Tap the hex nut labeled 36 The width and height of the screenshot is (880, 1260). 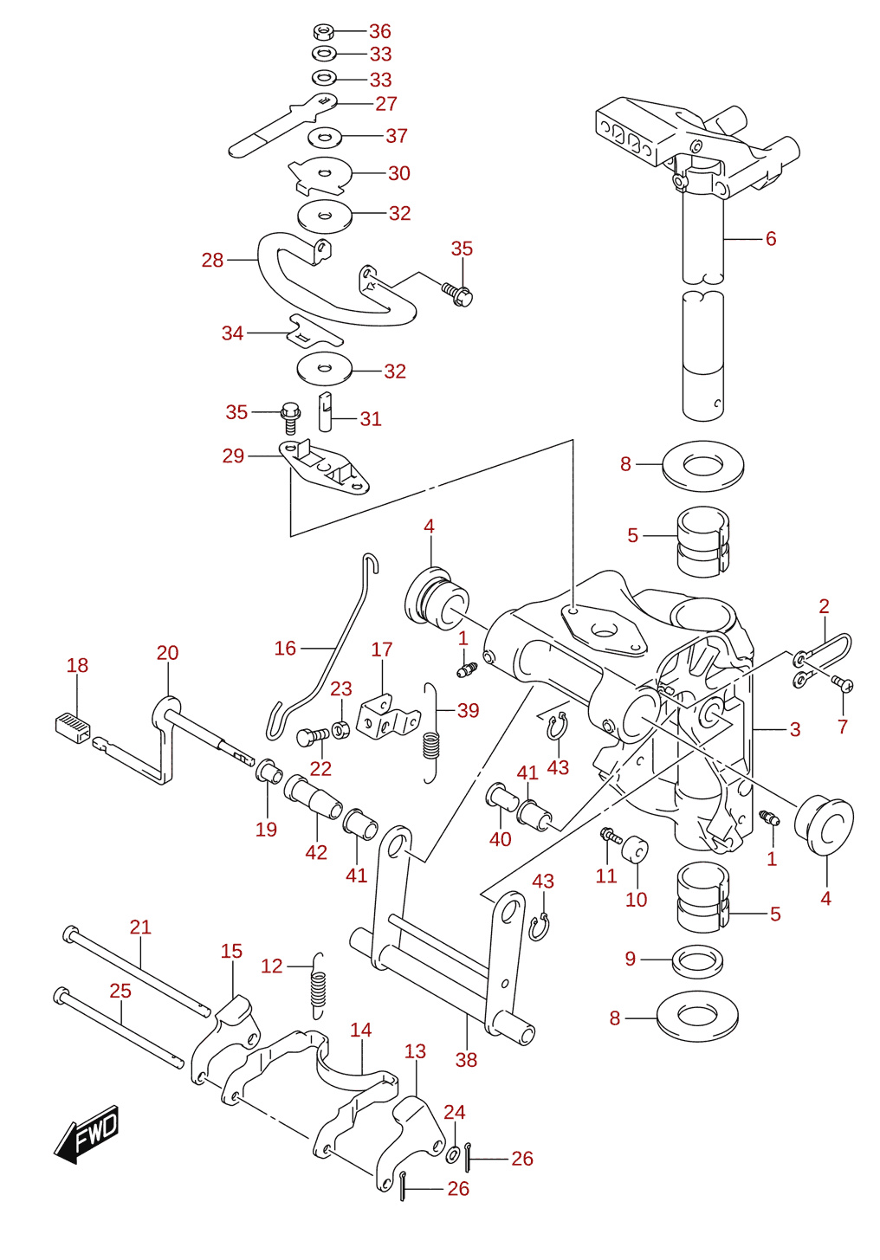324,31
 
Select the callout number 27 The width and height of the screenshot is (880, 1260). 386,104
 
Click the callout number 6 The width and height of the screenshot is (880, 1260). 771,238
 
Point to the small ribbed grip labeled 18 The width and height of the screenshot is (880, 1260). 73,727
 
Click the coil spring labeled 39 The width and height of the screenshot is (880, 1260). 431,733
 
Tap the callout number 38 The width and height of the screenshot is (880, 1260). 467,1060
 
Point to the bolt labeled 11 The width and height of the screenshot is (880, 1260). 611,834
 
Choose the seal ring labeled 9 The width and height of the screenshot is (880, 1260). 698,961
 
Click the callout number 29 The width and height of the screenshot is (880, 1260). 234,455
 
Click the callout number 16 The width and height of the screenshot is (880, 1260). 285,648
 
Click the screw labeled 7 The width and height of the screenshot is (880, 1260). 844,683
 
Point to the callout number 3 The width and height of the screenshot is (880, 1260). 795,729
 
